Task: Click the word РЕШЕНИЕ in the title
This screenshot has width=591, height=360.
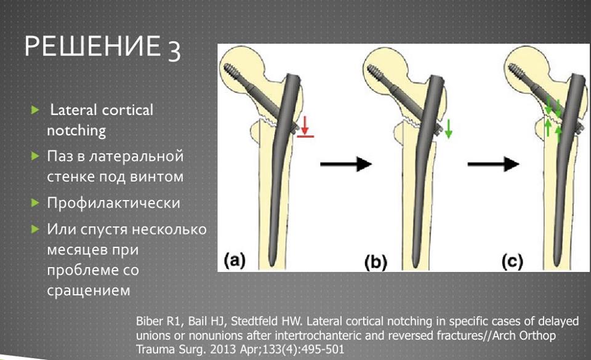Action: coord(92,46)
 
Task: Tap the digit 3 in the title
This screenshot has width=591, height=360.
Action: coord(174,51)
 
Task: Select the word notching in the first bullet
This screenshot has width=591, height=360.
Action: coord(76,131)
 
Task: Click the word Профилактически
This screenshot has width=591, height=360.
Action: coord(113,203)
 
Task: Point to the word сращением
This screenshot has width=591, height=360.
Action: coord(89,290)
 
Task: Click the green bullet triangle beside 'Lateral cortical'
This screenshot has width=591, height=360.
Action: coord(35,110)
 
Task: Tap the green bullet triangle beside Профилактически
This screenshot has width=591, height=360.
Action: coord(35,203)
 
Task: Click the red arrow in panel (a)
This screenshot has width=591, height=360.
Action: coord(305,126)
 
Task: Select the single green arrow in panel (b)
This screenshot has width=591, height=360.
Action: coord(449,129)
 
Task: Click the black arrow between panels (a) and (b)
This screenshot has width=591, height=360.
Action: coord(346,164)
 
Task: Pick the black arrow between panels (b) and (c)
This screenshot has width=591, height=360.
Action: coord(493,164)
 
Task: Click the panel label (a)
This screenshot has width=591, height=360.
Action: coord(235,260)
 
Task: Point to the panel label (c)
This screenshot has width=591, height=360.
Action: coord(512,262)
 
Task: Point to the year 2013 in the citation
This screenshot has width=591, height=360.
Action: coord(223,349)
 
